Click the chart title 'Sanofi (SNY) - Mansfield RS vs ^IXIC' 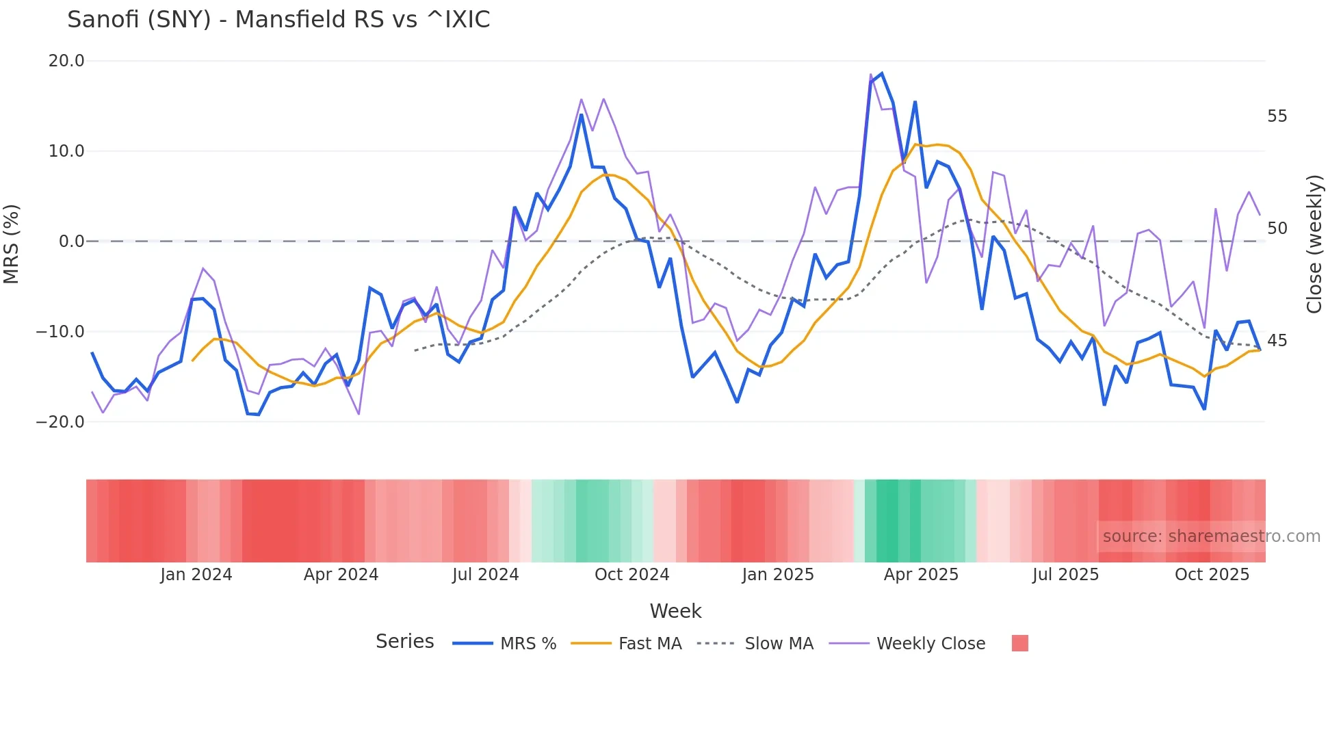278,20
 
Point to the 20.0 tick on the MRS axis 66,61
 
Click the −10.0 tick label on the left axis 60,332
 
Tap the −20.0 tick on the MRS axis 60,422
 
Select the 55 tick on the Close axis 1277,116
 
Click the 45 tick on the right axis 1277,341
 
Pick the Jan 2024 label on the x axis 196,575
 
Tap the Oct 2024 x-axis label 632,575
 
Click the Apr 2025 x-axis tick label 921,575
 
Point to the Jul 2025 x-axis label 1065,575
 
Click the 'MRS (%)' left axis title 12,244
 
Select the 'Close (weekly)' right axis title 1314,244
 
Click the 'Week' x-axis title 675,611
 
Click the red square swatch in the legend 1019,643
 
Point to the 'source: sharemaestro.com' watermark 1211,536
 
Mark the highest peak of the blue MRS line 882,73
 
